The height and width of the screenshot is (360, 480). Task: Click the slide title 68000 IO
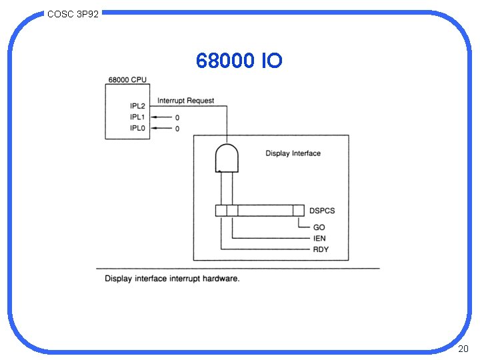coord(239,61)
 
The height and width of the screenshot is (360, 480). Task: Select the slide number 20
coord(463,349)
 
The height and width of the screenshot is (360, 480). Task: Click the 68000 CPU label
coord(127,80)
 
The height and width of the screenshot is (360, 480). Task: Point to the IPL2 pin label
coord(139,105)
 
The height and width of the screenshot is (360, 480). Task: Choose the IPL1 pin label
coord(139,117)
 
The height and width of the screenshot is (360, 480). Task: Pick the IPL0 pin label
coord(139,128)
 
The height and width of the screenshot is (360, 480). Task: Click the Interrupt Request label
coord(186,101)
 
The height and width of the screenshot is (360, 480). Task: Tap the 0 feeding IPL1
coord(177,117)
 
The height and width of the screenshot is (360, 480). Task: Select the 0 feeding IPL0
coord(177,129)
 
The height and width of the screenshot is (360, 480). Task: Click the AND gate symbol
coord(227,157)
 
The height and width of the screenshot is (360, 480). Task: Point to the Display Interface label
coord(293,153)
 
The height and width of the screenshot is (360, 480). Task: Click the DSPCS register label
coord(322,211)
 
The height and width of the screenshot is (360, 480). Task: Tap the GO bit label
coord(319,227)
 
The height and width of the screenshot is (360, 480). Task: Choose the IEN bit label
coord(320,238)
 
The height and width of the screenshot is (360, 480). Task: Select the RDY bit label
coord(321,249)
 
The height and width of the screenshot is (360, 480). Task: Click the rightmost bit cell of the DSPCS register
coord(299,211)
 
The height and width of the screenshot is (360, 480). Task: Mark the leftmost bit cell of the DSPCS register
coord(221,211)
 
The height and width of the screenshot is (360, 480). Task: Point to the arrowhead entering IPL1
coord(155,117)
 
